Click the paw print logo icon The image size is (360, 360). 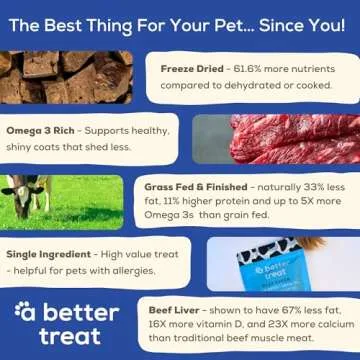point(25,312)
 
